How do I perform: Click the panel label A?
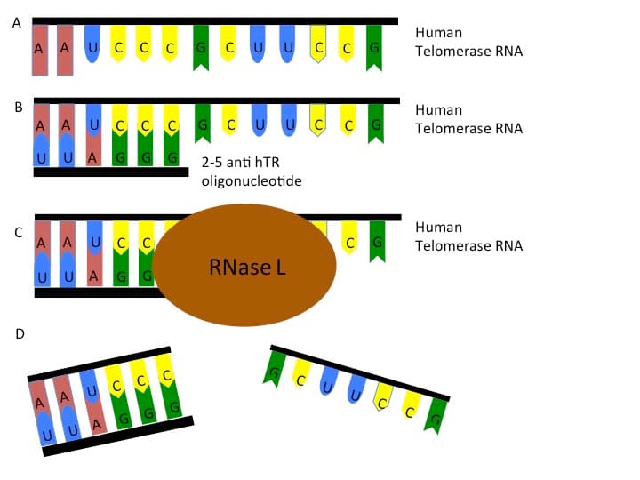click(x=16, y=24)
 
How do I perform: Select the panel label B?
click(x=18, y=108)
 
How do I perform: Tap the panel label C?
click(x=18, y=233)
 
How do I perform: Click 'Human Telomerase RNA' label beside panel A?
click(x=468, y=42)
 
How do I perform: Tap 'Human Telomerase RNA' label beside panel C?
click(x=468, y=236)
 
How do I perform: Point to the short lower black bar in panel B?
click(x=111, y=172)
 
